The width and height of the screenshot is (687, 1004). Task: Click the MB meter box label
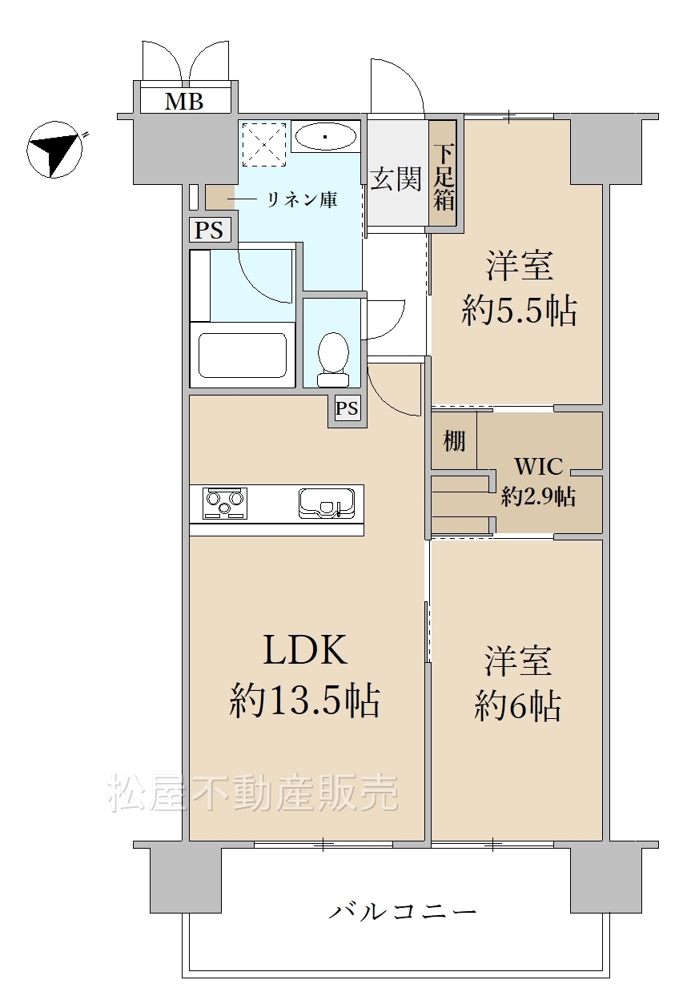(x=184, y=102)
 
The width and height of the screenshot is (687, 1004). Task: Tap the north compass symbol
(x=54, y=149)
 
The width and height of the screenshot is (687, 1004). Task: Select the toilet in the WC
(x=333, y=359)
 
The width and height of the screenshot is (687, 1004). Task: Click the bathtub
(x=243, y=355)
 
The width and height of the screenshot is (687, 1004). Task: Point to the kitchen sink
(x=326, y=503)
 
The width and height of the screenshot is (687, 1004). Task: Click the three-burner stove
(x=225, y=503)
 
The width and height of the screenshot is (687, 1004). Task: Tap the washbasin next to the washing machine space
(x=326, y=136)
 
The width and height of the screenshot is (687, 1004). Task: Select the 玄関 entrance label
(x=396, y=179)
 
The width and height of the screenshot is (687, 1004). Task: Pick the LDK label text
(x=306, y=649)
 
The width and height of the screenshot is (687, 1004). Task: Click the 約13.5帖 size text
(x=305, y=701)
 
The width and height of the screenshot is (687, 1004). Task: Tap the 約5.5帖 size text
(x=519, y=310)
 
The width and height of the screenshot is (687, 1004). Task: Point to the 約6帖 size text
(x=517, y=706)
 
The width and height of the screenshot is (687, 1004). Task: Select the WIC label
(x=538, y=467)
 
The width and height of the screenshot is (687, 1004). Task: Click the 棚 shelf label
(x=455, y=441)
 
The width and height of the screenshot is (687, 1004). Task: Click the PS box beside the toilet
(x=348, y=408)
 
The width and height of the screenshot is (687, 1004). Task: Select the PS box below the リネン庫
(x=209, y=231)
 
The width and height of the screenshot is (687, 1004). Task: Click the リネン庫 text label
(x=302, y=200)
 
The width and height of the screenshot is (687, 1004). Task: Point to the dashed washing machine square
(x=264, y=144)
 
